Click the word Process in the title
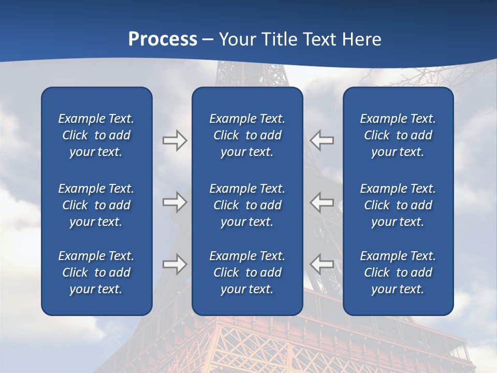pyautogui.click(x=163, y=39)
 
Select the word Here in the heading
pyautogui.click(x=360, y=39)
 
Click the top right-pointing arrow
pyautogui.click(x=174, y=140)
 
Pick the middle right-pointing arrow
pyautogui.click(x=174, y=202)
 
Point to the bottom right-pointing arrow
pyautogui.click(x=174, y=264)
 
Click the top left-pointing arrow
pyautogui.click(x=322, y=140)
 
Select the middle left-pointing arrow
pyautogui.click(x=322, y=202)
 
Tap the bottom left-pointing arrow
pyautogui.click(x=322, y=264)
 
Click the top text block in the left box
pyautogui.click(x=96, y=135)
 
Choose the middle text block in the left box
pyautogui.click(x=96, y=205)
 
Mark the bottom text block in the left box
pyautogui.click(x=96, y=272)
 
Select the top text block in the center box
pyautogui.click(x=247, y=135)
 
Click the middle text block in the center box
pyautogui.click(x=247, y=205)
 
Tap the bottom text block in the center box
pyautogui.click(x=247, y=272)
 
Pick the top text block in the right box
pyautogui.click(x=398, y=135)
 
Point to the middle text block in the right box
pyautogui.click(x=398, y=205)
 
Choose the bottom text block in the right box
pyautogui.click(x=398, y=272)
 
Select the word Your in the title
pyautogui.click(x=237, y=39)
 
